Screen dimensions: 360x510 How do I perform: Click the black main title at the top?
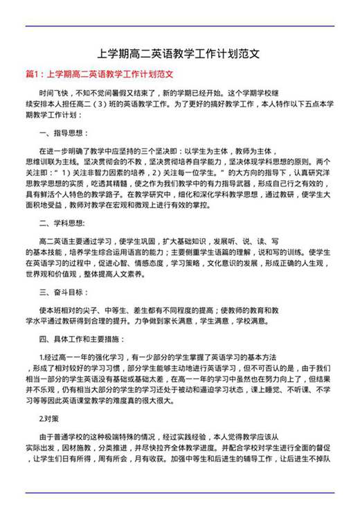[179, 53]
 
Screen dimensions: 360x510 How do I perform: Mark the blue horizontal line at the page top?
[179, 26]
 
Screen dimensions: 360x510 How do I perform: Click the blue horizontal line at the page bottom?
[179, 492]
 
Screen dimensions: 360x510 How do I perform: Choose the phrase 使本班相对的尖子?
[72, 310]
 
